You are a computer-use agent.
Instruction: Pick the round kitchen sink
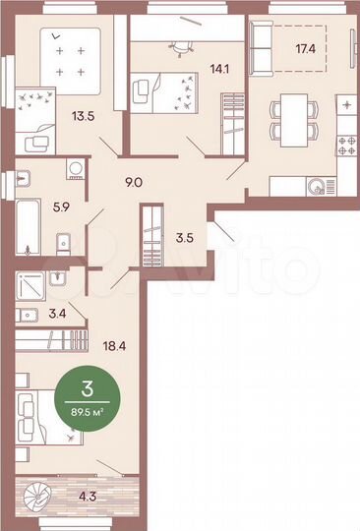click(317, 185)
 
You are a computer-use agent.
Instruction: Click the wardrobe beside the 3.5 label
click(151, 233)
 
